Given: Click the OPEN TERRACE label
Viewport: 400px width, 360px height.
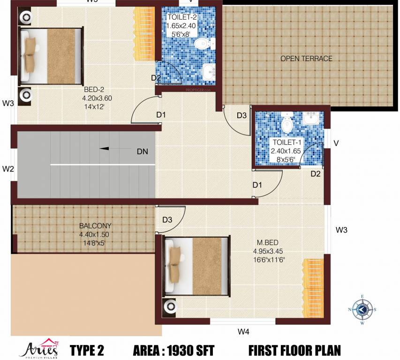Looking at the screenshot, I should coord(306,59).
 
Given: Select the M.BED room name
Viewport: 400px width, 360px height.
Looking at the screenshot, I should coord(268,242).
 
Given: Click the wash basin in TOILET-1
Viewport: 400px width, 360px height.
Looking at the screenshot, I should coord(310,119).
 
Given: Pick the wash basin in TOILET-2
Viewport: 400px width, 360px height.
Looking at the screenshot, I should coord(209,72).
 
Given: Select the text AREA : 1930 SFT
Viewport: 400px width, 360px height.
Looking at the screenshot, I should coord(174,350).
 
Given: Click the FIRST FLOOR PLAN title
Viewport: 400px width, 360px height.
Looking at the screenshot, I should coord(294,350).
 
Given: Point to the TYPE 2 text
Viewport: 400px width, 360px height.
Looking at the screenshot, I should coord(87,350).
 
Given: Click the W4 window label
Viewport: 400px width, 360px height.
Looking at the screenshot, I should coord(243,332).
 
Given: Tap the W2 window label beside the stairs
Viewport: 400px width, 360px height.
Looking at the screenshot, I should coord(8,168).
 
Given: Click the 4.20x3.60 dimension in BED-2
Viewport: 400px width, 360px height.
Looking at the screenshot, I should coord(97,98).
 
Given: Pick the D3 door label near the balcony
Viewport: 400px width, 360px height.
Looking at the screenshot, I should coord(167,220).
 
